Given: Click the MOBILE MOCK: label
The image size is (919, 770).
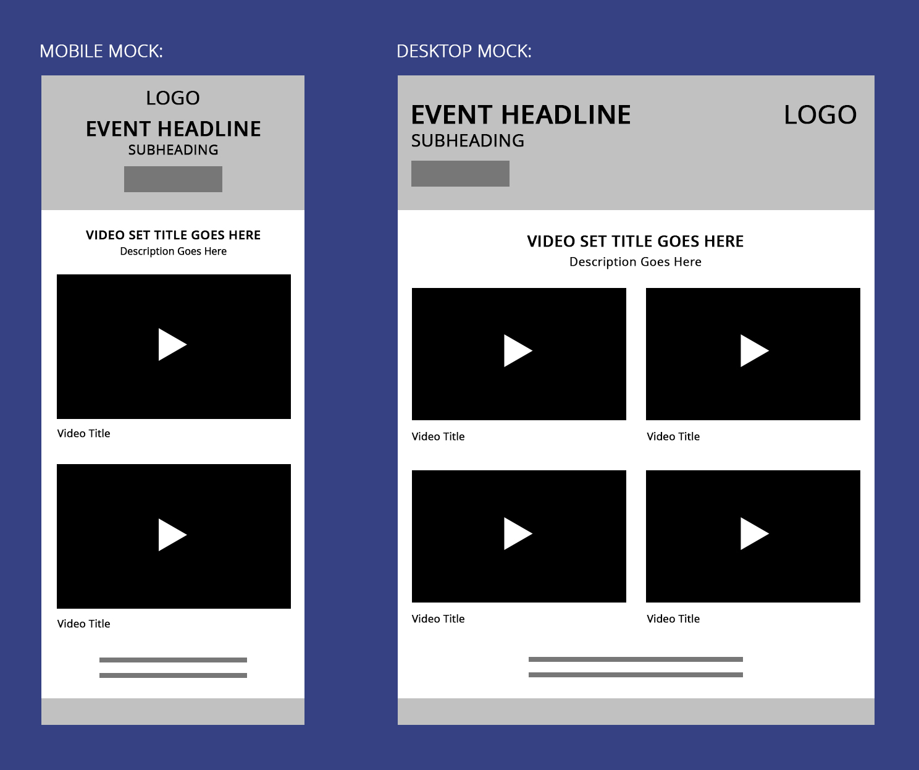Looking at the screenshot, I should (x=101, y=51).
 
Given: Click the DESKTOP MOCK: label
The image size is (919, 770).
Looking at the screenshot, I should (x=464, y=51).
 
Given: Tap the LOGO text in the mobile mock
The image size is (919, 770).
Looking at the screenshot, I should (x=173, y=98).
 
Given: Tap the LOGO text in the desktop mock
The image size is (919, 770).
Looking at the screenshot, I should (x=820, y=115).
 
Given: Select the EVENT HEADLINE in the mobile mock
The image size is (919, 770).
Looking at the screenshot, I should (x=173, y=129).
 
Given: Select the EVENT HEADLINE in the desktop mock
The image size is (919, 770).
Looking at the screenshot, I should (x=521, y=115).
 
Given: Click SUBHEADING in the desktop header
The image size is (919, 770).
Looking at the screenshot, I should (x=468, y=141).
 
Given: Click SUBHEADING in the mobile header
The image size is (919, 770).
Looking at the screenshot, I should (x=173, y=150).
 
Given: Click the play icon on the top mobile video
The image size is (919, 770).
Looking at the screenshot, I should (x=172, y=345).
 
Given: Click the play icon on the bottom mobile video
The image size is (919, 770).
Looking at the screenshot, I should (x=172, y=535).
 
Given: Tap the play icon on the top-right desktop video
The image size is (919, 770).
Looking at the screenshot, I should (x=753, y=351).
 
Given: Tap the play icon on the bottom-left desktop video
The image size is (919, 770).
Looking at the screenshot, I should (x=517, y=533).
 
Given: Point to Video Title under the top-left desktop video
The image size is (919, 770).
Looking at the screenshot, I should (x=438, y=436).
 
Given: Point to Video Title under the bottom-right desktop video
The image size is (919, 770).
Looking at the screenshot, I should (x=673, y=619).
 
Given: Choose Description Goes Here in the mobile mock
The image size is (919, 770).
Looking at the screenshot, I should (x=173, y=252).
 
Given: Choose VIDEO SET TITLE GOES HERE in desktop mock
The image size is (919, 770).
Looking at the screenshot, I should (x=635, y=242).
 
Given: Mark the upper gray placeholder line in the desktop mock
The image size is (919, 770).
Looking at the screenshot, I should (x=636, y=659).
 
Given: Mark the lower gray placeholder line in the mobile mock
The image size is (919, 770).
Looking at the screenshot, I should (x=173, y=675).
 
